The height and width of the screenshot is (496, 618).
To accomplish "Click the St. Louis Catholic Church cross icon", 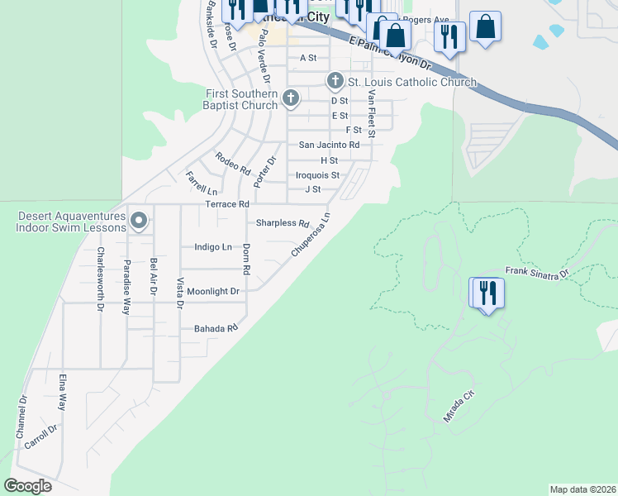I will pos(335,81).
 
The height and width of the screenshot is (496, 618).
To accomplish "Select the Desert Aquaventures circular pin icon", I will pos(139,221).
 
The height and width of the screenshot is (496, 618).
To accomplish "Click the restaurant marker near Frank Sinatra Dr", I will pos(487,292).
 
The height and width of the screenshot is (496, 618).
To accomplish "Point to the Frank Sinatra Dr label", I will pos(537,272).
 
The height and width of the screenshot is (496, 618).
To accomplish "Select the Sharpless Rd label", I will pos(282,223).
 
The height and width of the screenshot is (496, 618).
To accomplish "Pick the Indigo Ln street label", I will pos(212,246).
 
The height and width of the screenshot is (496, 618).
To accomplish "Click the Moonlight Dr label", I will pos(212,291).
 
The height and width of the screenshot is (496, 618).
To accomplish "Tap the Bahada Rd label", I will pos(215,328).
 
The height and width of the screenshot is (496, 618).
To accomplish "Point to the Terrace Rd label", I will pos(227,203).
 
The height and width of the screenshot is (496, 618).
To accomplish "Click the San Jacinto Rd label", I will pos(329,145).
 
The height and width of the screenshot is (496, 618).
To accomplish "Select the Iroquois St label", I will pos(317,175).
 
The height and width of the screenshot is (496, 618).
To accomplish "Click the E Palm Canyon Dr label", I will pos(391,52).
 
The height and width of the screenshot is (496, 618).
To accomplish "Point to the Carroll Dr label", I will pos(40,436).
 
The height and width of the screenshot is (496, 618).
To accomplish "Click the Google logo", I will pos(28,486).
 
